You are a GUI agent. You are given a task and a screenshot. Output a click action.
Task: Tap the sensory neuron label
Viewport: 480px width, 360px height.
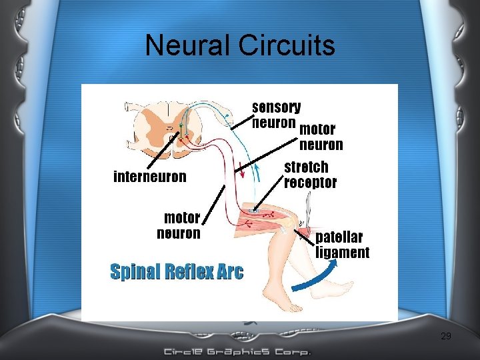click(x=276, y=115)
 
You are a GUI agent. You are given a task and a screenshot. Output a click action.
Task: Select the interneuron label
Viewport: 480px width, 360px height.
click(x=150, y=177)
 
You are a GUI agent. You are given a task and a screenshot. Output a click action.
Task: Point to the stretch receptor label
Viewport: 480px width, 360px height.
click(x=310, y=175)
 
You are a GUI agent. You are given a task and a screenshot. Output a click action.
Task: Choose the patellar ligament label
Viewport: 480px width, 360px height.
click(x=342, y=245)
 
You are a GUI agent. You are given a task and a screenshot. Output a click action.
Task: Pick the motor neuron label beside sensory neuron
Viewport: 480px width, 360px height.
click(x=320, y=137)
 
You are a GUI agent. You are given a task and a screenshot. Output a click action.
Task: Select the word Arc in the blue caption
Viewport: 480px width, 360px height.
click(x=230, y=271)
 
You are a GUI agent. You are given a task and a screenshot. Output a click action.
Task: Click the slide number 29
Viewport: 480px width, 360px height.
click(x=446, y=337)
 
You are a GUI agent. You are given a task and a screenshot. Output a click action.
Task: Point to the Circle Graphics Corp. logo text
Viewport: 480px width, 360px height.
click(x=237, y=351)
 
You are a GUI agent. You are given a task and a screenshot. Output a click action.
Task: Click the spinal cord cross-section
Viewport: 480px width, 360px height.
click(x=161, y=129)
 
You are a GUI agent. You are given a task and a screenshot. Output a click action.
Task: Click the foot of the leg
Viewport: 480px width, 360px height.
click(x=287, y=303)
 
